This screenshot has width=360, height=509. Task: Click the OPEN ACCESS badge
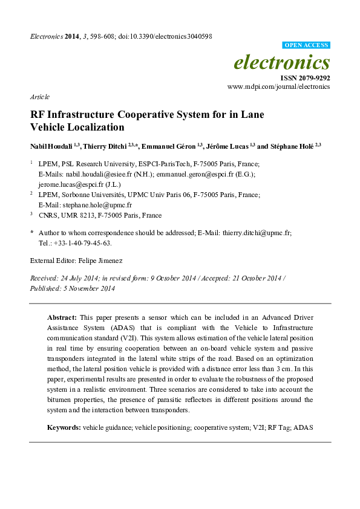(x=306, y=45)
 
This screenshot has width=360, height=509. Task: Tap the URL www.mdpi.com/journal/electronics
(x=278, y=87)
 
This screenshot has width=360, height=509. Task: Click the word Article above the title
(x=39, y=97)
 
